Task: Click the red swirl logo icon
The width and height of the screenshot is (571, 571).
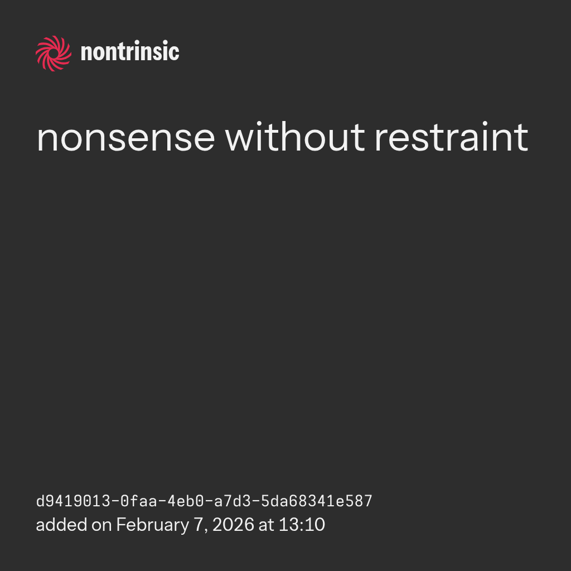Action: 54,54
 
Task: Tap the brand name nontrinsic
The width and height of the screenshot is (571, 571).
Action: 130,51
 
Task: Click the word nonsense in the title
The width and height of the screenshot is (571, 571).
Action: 126,138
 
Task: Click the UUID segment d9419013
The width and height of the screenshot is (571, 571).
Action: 73,501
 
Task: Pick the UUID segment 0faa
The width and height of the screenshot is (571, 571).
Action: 139,501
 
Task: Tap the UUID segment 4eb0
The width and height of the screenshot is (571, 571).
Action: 185,501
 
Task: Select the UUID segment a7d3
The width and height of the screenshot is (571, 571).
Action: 233,501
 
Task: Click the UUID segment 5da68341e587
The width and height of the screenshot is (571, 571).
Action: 317,501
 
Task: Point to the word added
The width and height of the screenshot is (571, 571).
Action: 61,525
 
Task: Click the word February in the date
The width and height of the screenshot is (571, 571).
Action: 153,526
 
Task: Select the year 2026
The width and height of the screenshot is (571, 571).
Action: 233,525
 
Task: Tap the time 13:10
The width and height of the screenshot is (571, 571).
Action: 302,525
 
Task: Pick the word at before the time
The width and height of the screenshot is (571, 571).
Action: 266,525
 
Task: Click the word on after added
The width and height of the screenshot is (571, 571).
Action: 101,526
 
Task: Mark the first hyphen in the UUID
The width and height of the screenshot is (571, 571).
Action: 115,502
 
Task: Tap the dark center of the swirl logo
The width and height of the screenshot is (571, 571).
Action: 54,54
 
